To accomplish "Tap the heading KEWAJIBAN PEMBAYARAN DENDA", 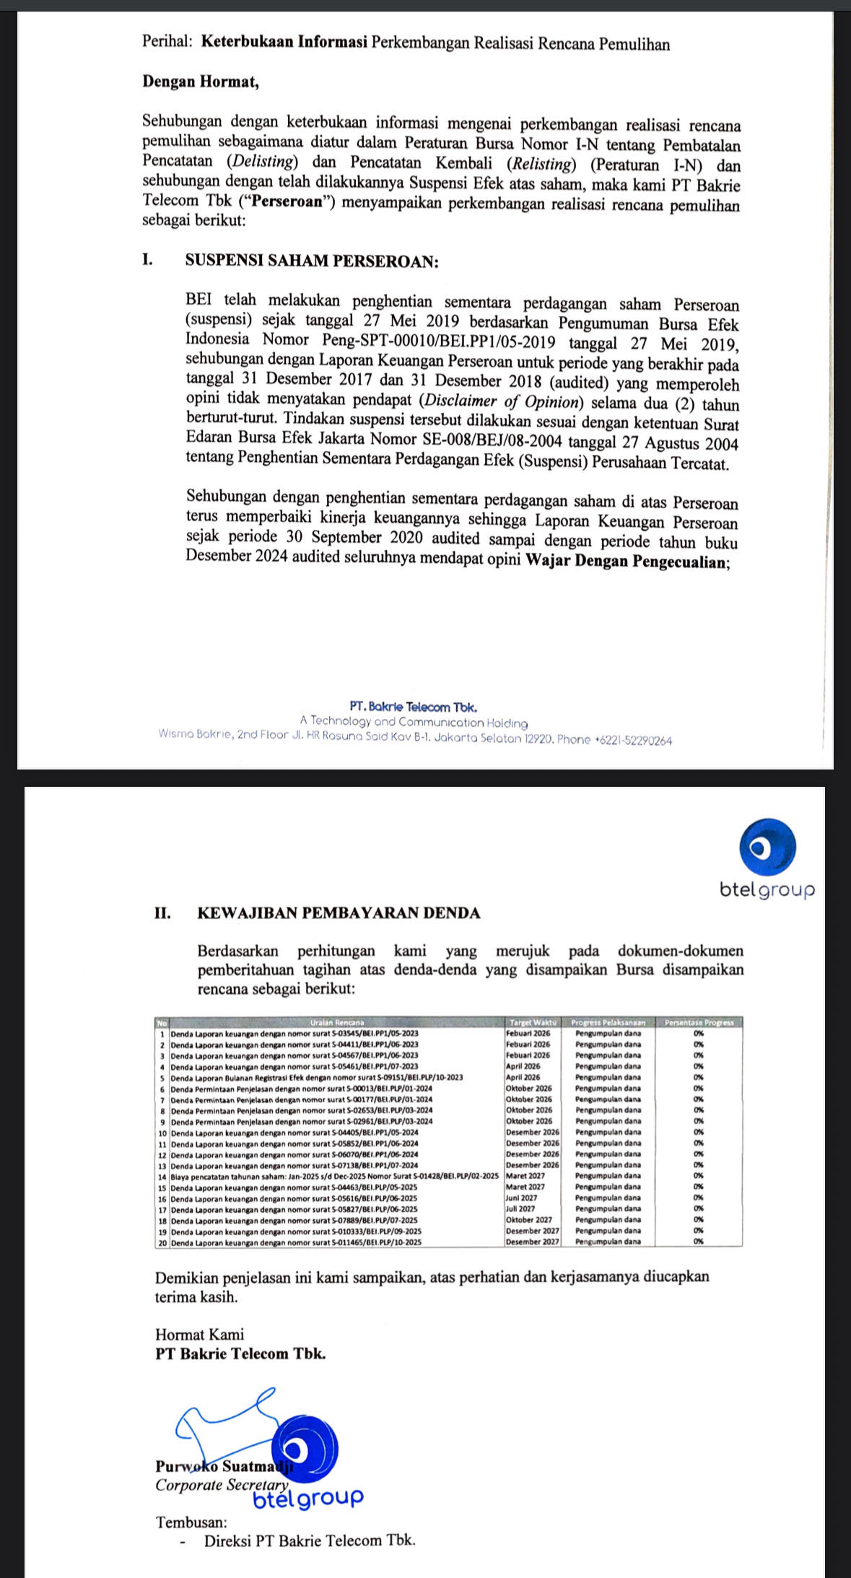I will click(339, 912).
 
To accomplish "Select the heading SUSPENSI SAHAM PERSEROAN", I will click(312, 261).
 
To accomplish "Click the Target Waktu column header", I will click(533, 1022).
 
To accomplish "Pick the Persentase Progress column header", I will click(698, 1022).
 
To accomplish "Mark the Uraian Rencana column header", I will click(337, 1022).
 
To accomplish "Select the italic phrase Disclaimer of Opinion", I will click(502, 401).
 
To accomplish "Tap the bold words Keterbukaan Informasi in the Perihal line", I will click(284, 43).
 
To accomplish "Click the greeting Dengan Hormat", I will click(200, 82).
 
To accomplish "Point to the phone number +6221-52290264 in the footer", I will click(633, 740).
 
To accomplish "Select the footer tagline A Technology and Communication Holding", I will click(414, 723).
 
